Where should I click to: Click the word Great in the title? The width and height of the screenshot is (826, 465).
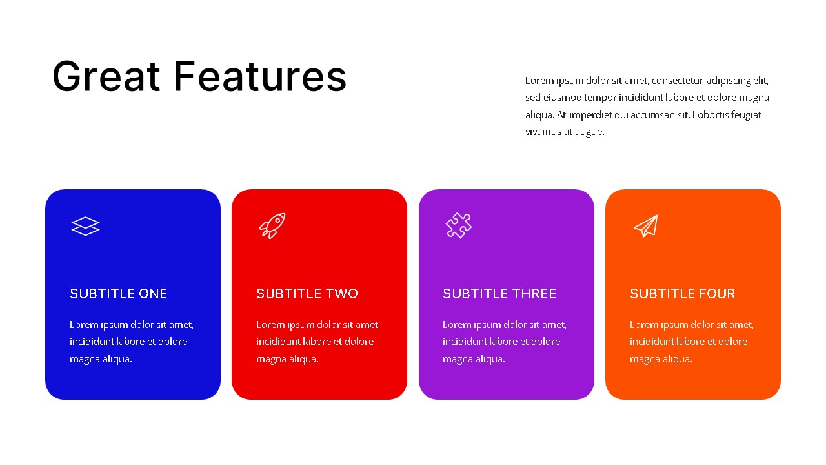106,76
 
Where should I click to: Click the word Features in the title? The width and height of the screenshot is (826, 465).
260,76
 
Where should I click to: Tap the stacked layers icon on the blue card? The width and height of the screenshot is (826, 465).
85,226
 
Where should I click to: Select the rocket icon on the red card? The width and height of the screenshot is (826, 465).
272,226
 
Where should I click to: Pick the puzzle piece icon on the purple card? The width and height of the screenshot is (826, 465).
459,226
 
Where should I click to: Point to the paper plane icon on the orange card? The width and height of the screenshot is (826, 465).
646,226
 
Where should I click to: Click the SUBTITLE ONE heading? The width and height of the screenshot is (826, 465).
119,294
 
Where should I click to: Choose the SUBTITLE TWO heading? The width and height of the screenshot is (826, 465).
307,294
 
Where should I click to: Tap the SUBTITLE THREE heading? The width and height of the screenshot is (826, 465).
499,294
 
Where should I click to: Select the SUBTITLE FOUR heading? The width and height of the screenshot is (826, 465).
682,294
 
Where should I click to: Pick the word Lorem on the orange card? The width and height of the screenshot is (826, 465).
644,325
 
